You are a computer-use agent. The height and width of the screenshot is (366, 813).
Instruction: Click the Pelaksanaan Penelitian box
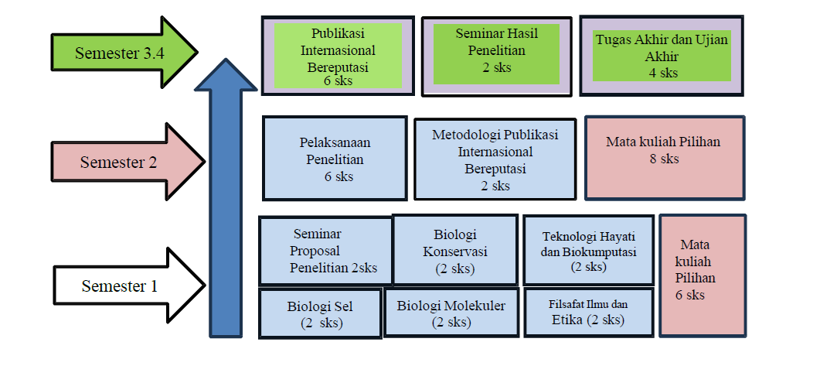(x=334, y=158)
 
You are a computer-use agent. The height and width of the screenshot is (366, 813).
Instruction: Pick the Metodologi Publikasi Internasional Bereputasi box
(x=495, y=159)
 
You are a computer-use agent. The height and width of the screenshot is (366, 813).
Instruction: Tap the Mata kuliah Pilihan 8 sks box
(x=664, y=159)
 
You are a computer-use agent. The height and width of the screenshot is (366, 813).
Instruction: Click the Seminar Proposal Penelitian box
(x=325, y=251)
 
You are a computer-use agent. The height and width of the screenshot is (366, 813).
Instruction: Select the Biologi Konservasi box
(x=455, y=250)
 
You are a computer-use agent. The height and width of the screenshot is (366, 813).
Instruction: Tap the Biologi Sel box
(x=321, y=313)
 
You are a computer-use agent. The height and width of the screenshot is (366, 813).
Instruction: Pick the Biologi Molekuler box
(x=451, y=313)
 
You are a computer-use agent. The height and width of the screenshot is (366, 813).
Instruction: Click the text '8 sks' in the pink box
(x=664, y=159)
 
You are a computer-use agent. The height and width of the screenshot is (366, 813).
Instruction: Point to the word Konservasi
(x=455, y=251)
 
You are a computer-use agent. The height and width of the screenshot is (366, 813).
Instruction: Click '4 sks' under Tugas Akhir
(x=663, y=73)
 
